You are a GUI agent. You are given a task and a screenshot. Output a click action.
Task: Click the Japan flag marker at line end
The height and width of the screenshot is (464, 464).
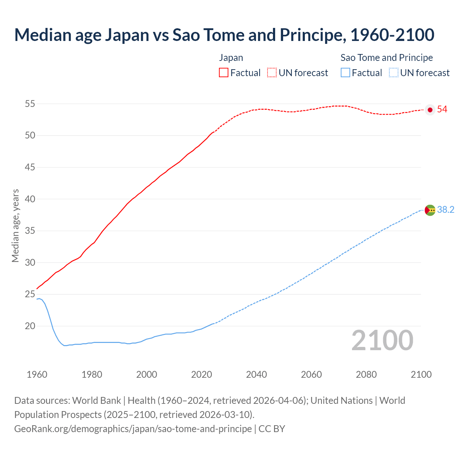(430, 110)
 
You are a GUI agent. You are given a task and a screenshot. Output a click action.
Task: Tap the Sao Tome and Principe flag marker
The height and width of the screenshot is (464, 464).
(430, 210)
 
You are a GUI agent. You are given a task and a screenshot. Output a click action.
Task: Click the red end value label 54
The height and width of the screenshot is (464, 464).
(442, 109)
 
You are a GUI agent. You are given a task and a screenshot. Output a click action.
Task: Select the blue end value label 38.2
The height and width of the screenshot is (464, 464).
(446, 210)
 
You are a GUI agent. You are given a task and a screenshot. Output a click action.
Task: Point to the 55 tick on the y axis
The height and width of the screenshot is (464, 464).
(30, 104)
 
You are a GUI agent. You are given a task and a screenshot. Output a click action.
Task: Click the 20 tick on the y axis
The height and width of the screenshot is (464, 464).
(30, 326)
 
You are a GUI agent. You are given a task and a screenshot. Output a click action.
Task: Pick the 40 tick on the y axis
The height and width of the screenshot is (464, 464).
(30, 199)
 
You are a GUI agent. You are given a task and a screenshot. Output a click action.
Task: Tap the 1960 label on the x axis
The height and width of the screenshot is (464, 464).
(37, 374)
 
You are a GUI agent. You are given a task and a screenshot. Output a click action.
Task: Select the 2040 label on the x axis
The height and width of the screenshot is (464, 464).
(256, 374)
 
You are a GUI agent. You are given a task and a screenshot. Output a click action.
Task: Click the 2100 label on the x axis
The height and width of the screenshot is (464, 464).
(421, 374)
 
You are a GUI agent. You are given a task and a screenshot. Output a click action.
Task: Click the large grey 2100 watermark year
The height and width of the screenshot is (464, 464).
(382, 340)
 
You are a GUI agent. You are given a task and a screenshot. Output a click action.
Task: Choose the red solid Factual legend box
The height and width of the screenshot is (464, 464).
(224, 73)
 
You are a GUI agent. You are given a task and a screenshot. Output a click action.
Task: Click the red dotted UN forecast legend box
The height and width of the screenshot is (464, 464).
(272, 73)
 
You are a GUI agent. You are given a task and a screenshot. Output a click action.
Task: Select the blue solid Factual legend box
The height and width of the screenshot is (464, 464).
(345, 73)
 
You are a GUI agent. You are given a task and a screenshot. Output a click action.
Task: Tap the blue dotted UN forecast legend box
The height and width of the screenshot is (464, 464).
(394, 73)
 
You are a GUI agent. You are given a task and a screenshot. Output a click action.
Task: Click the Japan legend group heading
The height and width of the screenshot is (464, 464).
(231, 58)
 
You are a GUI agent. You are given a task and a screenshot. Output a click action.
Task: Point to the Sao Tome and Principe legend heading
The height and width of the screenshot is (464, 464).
(386, 58)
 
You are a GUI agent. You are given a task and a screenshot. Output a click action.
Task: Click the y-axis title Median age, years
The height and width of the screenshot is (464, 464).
(15, 225)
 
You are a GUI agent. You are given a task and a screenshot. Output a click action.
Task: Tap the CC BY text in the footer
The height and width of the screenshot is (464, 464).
(272, 429)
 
